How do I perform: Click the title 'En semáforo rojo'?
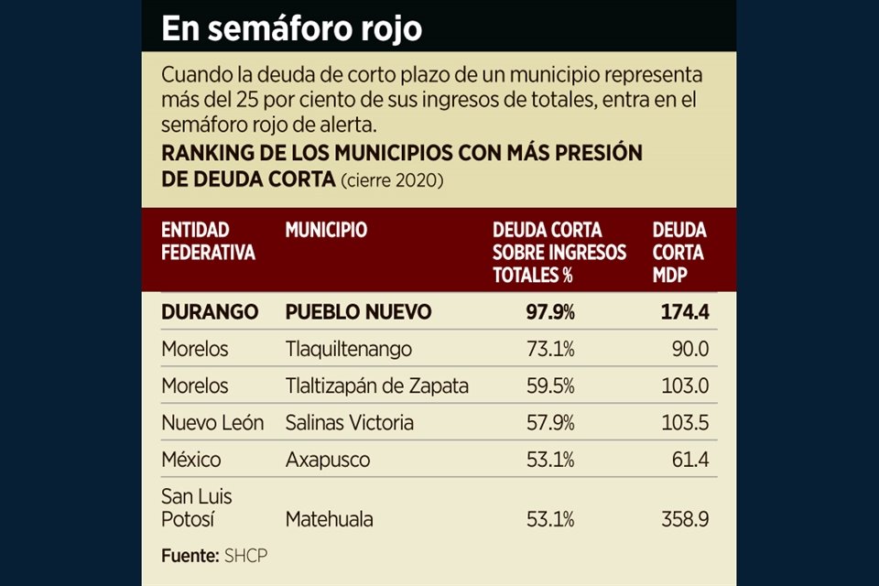(x=291, y=28)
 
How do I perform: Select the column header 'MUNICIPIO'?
(x=326, y=230)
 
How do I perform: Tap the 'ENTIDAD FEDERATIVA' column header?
(x=208, y=241)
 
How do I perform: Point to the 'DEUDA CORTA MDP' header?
(x=678, y=252)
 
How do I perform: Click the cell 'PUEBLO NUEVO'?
(x=358, y=312)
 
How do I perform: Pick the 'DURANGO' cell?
(x=210, y=312)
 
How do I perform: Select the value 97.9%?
(x=550, y=312)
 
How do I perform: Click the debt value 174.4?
(x=685, y=312)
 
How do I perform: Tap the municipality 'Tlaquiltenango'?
(x=348, y=350)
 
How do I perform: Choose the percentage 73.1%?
(x=550, y=350)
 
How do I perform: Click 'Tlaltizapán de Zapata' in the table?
(x=376, y=386)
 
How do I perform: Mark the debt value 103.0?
(x=685, y=386)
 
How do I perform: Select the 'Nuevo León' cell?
(x=212, y=423)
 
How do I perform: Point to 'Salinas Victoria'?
(x=349, y=423)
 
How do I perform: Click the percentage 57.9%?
(x=550, y=423)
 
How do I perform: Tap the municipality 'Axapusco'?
(x=327, y=460)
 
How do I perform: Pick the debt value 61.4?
(x=690, y=460)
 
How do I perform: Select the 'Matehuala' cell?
(x=329, y=520)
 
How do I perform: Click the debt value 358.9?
(x=685, y=520)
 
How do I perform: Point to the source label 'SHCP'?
(x=245, y=555)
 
